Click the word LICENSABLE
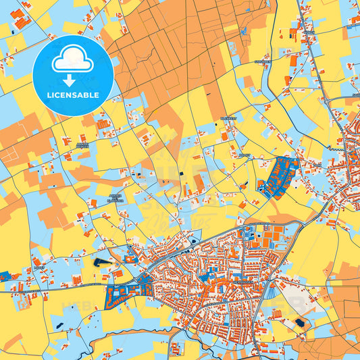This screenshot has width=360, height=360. [74, 95]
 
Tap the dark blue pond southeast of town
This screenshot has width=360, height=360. [299, 323]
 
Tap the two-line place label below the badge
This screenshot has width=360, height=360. [82, 145]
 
